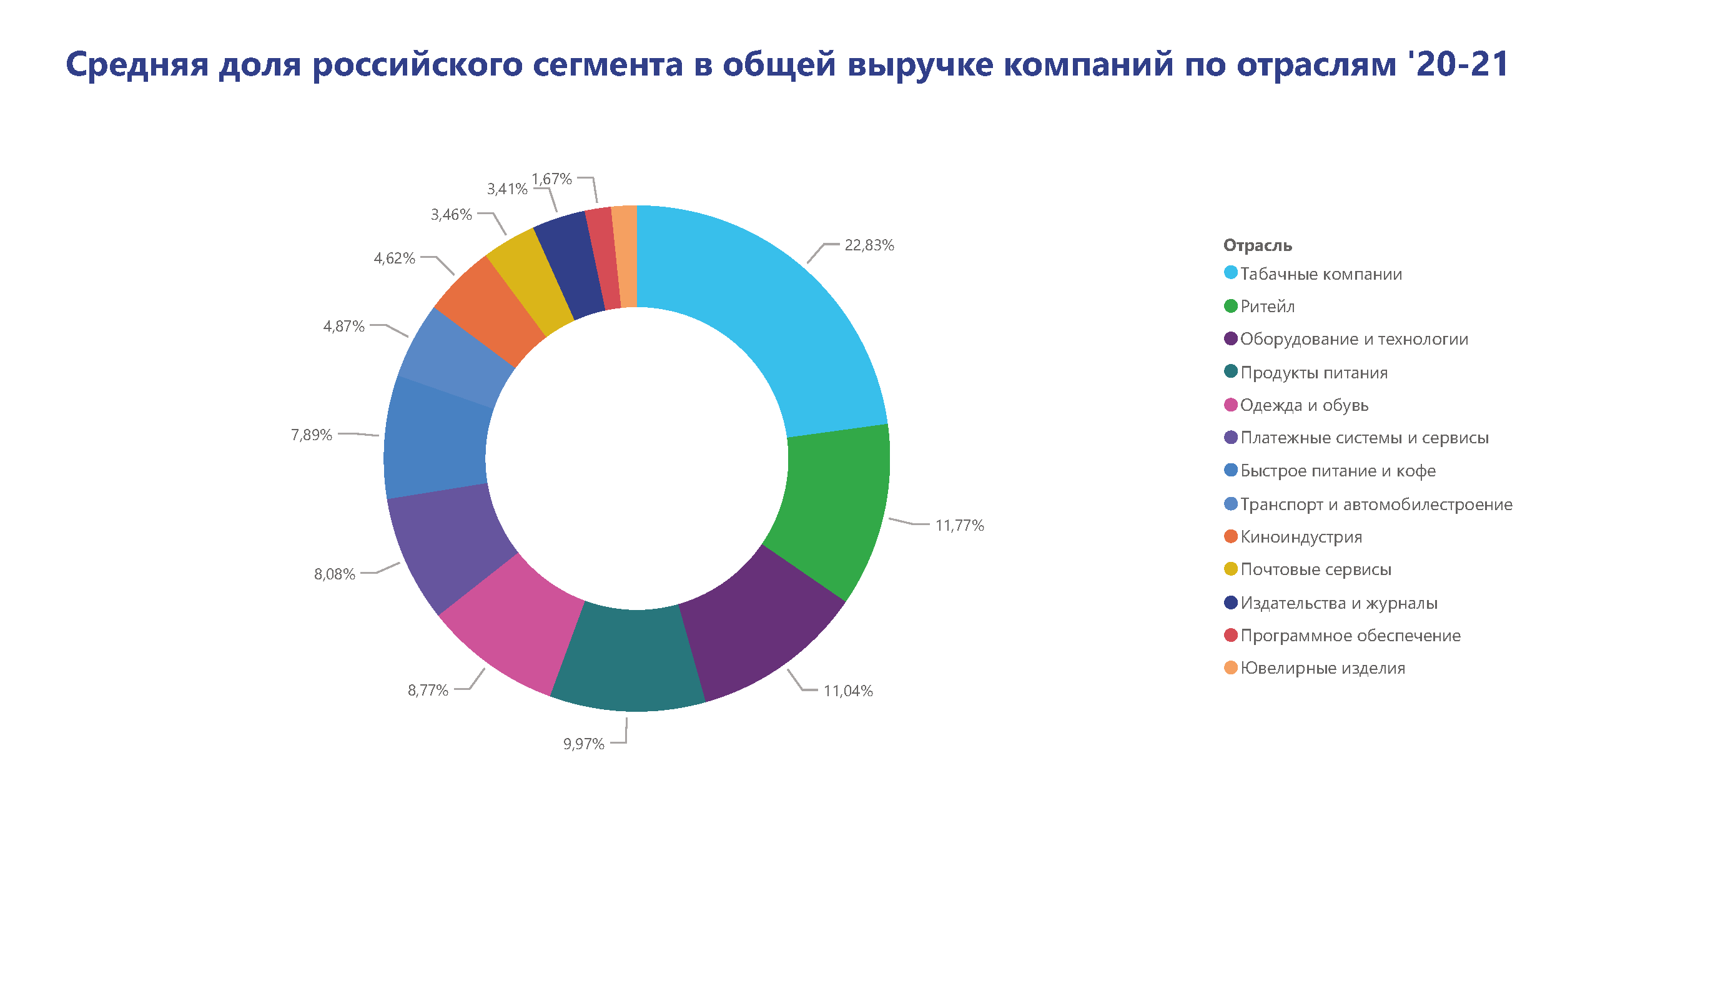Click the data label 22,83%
[x=869, y=245]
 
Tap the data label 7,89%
[x=311, y=435]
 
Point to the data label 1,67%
[x=551, y=179]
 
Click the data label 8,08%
[x=335, y=574]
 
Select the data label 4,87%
[x=343, y=327]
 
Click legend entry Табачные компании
[x=1320, y=274]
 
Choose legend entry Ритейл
[x=1266, y=307]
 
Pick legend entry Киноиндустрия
[x=1300, y=537]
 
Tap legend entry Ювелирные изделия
[x=1322, y=669]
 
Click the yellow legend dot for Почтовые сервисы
[x=1230, y=569]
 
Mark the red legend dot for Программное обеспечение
[x=1230, y=635]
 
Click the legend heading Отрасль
[x=1257, y=245]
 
